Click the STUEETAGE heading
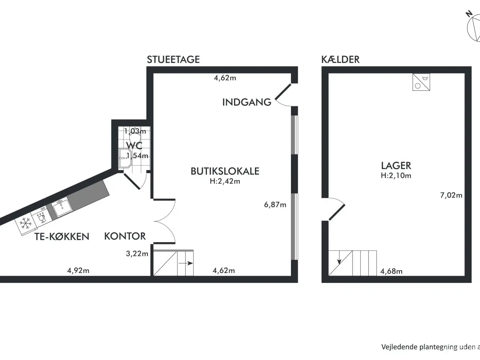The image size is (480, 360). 173,59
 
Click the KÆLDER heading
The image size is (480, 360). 340,59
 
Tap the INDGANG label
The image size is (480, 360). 246,102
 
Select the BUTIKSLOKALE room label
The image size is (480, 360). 225,171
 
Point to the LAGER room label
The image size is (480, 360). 396,165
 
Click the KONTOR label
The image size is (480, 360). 125,236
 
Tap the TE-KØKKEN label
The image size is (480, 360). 62,237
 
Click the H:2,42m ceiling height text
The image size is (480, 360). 225,181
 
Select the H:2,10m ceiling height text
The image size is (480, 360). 396,175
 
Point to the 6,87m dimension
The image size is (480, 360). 275,205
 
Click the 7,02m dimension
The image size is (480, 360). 451,195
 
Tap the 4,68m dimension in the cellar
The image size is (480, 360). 391,271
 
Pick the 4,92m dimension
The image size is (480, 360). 78,270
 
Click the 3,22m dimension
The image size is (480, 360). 137,253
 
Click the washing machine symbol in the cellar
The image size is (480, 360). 421,82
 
